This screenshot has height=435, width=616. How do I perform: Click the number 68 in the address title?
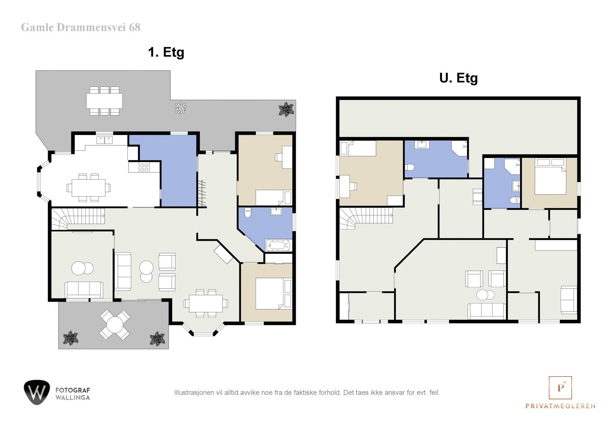[x=134, y=27]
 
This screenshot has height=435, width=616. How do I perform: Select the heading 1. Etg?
[x=166, y=52]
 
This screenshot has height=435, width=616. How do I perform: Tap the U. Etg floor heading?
[x=459, y=78]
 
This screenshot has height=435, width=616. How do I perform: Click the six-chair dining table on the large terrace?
[x=104, y=101]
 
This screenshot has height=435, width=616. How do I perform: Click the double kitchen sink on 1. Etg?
[x=104, y=140]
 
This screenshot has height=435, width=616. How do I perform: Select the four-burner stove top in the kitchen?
[x=144, y=167]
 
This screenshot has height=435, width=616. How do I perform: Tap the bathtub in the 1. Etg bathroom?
[x=278, y=245]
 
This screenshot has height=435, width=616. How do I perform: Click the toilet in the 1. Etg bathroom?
[x=248, y=212]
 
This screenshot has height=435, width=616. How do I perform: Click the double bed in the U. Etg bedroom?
[x=551, y=177]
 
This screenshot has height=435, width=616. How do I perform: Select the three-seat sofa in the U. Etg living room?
[x=487, y=311]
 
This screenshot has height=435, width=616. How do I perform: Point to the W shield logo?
[x=37, y=392]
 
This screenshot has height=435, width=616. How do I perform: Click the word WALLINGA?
[x=73, y=398]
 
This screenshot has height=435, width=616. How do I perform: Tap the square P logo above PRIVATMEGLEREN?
[x=560, y=388]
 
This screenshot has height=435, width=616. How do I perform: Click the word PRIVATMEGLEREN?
[x=560, y=406]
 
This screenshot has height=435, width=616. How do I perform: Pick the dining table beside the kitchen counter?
[x=89, y=188]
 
